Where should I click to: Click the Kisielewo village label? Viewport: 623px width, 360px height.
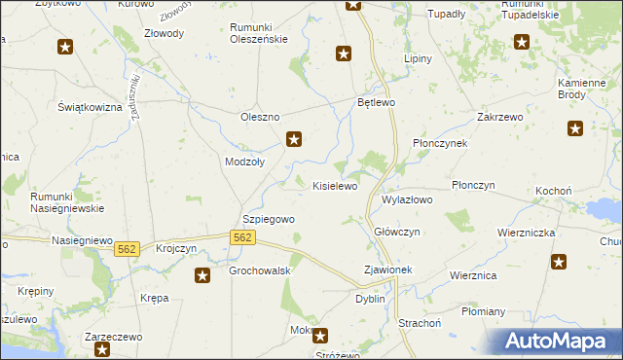[335, 185]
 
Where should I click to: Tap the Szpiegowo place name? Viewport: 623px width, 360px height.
[268, 220]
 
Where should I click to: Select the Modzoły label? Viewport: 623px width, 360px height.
[244, 162]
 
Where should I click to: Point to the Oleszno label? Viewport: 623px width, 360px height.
[260, 118]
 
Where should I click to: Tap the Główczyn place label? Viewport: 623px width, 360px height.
[397, 232]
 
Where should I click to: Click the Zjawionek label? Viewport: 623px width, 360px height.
[387, 270]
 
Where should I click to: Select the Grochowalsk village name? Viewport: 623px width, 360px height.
[261, 270]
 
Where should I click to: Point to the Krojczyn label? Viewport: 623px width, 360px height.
[176, 249]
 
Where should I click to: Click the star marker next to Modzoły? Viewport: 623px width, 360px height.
[293, 140]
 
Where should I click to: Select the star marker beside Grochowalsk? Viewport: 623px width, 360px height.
[202, 276]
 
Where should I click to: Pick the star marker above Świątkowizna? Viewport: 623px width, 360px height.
[65, 47]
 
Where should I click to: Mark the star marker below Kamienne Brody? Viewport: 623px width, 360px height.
[574, 127]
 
